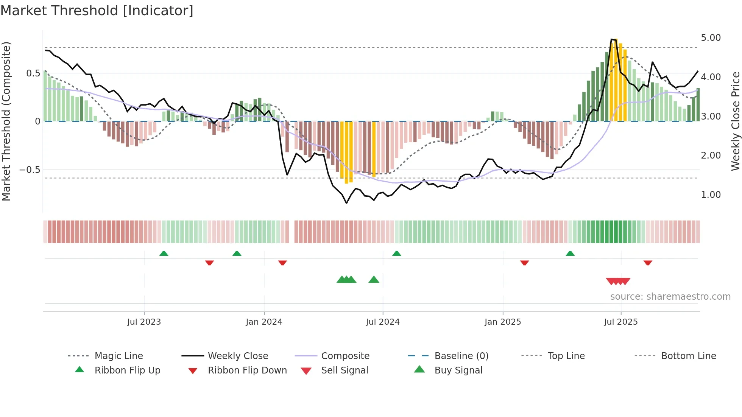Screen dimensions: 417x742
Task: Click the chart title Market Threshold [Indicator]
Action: [97, 11]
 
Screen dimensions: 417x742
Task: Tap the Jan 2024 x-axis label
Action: [264, 322]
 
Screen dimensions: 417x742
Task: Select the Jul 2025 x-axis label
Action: [620, 322]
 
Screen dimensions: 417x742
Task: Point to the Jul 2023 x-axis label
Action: [144, 322]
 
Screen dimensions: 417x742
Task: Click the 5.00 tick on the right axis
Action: [711, 38]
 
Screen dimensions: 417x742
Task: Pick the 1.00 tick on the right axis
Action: [711, 195]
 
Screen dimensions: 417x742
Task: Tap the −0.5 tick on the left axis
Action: [30, 170]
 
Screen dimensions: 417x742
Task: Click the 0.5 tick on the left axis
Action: [33, 73]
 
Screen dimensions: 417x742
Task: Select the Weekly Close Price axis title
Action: [735, 121]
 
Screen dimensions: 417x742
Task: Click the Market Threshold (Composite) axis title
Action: [6, 121]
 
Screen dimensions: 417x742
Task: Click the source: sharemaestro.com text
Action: [670, 297]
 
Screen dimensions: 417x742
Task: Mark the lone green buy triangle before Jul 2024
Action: [374, 280]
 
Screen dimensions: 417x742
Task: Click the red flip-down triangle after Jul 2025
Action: [648, 263]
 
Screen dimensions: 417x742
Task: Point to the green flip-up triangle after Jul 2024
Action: [396, 253]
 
